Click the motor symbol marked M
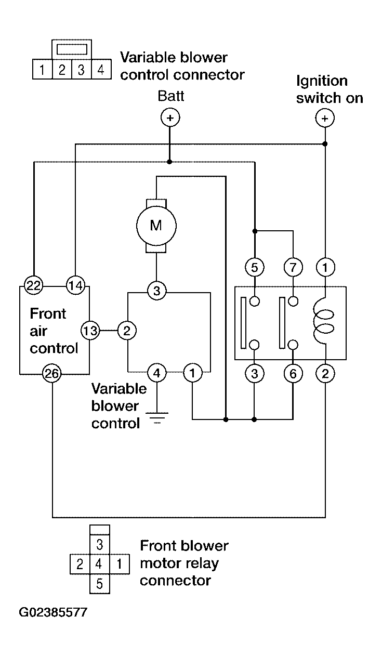(x=156, y=226)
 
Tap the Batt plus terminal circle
(x=170, y=117)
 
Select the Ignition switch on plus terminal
(x=325, y=118)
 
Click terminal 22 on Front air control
(x=33, y=285)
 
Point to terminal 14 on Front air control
(x=75, y=285)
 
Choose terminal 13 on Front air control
(x=90, y=331)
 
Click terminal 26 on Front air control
(x=52, y=374)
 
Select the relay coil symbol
(x=323, y=321)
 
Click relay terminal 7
(x=293, y=267)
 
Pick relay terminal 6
(x=293, y=374)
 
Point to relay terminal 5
(x=254, y=267)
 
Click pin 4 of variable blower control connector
(x=101, y=70)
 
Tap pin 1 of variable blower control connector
(x=42, y=70)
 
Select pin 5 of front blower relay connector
(x=99, y=584)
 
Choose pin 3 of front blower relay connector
(x=99, y=544)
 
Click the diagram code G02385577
(x=53, y=612)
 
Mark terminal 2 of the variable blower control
(x=127, y=331)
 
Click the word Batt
(x=171, y=96)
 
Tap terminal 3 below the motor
(x=156, y=291)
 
